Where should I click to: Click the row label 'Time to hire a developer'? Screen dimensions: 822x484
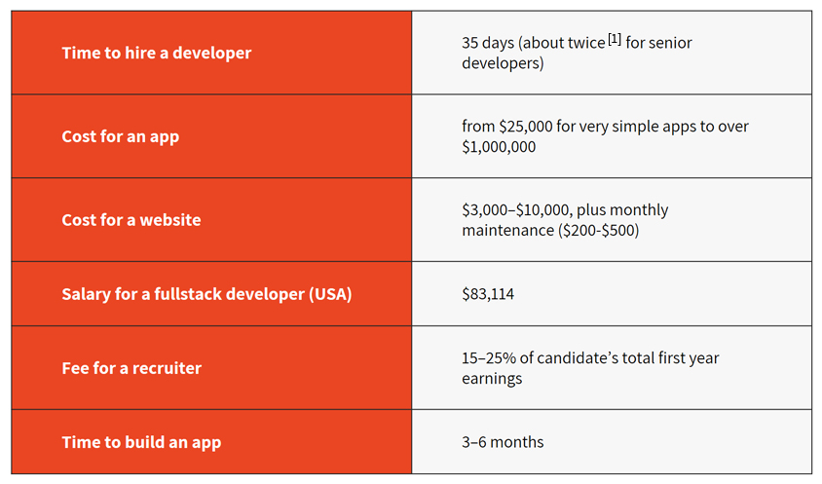156,53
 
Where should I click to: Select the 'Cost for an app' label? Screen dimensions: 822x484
121,137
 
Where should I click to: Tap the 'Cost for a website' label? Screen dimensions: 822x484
131,220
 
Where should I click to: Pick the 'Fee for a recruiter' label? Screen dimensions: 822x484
131,368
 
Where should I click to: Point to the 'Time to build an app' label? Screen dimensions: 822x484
141,442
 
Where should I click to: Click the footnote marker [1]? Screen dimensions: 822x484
615,39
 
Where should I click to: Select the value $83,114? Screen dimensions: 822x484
488,294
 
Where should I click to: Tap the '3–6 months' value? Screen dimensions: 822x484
503,442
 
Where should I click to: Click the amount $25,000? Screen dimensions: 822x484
526,127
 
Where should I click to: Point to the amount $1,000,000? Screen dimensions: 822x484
499,147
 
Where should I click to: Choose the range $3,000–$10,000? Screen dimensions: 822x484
515,210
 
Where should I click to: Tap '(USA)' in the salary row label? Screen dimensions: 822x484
330,294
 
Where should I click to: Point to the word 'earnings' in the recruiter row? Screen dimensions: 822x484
492,379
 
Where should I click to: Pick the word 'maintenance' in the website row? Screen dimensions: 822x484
507,231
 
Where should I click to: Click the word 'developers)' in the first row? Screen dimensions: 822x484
503,63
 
